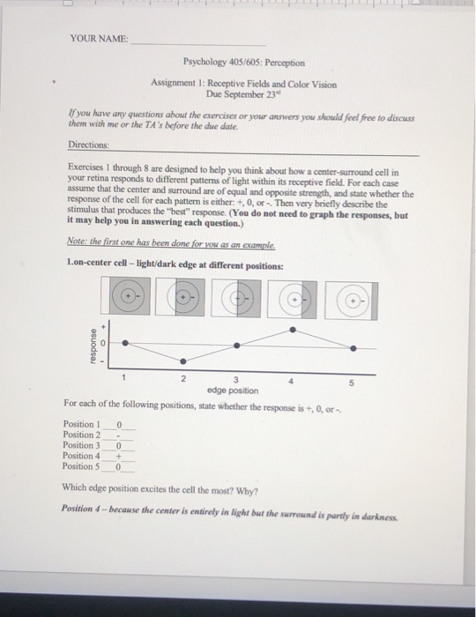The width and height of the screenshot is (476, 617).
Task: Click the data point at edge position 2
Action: pos(183,361)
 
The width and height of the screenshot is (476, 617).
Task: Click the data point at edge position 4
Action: pos(293,330)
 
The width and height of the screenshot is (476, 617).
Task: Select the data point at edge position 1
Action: pos(125,343)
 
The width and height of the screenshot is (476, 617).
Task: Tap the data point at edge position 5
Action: pos(353,348)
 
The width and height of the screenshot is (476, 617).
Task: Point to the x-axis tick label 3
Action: pos(236,380)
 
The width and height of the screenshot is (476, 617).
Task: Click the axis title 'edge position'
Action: pos(233,390)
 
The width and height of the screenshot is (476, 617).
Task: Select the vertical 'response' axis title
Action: pos(93,346)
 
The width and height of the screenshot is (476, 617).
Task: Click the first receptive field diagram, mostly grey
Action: pos(125,295)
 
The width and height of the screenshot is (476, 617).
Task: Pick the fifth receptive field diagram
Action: pos(352,301)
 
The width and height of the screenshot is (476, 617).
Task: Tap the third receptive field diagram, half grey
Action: pos(236,298)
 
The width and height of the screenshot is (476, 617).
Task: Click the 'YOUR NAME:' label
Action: pos(99,39)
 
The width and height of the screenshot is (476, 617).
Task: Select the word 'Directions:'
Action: pos(88,145)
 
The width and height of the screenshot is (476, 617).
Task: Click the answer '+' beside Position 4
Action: pos(119,457)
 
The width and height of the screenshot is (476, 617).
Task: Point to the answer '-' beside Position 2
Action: pos(118,436)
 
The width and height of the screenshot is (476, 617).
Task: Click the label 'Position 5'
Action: pos(81,466)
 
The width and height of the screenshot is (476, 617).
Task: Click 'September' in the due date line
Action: pos(244,95)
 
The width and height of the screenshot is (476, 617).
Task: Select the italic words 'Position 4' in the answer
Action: pos(77,509)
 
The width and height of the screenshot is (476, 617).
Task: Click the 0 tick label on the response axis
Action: pos(102,343)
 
